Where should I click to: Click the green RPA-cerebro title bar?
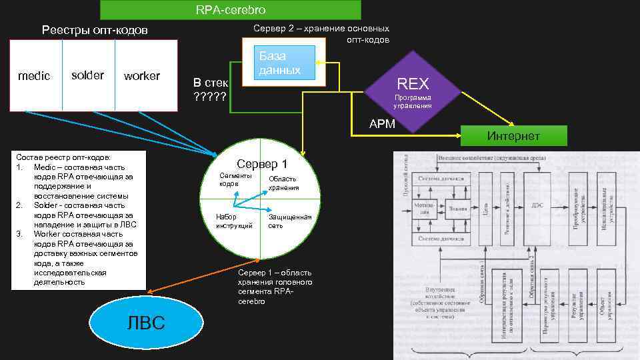click(x=230, y=10)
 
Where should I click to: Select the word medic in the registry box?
click(x=33, y=76)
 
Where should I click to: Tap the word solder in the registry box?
click(x=87, y=75)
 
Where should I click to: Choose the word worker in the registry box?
click(x=142, y=76)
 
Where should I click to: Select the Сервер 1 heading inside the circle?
click(x=262, y=164)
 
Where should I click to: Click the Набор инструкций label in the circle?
click(x=234, y=221)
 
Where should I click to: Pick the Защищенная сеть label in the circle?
click(x=289, y=221)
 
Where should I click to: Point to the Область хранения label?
click(x=283, y=183)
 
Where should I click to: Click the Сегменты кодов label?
click(x=235, y=179)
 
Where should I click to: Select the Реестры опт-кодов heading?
click(x=95, y=30)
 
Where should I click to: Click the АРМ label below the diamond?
click(x=383, y=123)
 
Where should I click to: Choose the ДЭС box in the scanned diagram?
click(x=537, y=205)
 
